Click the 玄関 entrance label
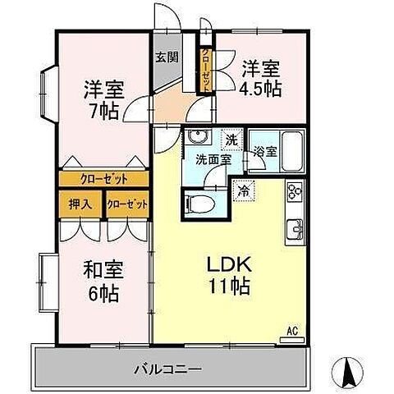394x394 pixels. [x=163, y=57]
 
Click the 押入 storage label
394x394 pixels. [x=80, y=204]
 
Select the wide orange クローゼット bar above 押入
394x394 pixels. [x=103, y=178]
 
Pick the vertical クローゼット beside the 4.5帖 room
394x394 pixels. [x=205, y=70]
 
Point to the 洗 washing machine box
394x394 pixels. [x=232, y=140]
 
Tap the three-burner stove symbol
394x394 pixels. [x=295, y=193]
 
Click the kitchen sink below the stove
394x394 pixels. [x=294, y=227]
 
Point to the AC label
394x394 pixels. [x=291, y=332]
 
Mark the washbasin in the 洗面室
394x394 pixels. [x=195, y=138]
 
